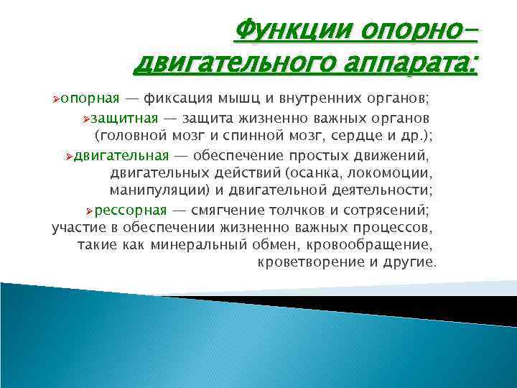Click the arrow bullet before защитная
[x=88, y=117]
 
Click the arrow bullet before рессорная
[x=89, y=210]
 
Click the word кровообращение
[x=358, y=246]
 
